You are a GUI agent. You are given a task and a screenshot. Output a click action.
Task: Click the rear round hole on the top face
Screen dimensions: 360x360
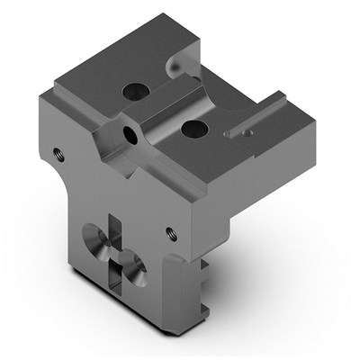pos(134,91)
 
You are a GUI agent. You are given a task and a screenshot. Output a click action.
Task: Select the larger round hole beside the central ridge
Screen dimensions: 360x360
pos(193,129)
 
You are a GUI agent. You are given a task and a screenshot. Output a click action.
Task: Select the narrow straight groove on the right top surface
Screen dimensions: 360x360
pos(262,118)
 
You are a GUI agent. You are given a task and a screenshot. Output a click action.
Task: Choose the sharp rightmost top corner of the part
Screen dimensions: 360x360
pos(317,117)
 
